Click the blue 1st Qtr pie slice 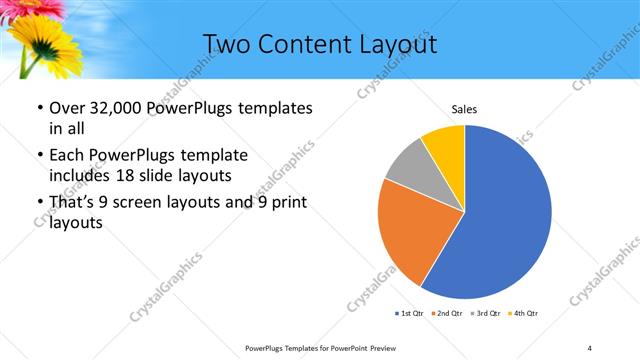coord(505,215)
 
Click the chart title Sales coord(464,107)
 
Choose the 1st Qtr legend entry coord(410,314)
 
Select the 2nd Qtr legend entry coord(446,314)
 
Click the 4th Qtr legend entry coord(522,314)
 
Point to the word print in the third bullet coord(286,203)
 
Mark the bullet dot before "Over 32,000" coord(38,109)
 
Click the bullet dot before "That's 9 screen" coord(38,204)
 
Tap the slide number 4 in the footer coord(590,347)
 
